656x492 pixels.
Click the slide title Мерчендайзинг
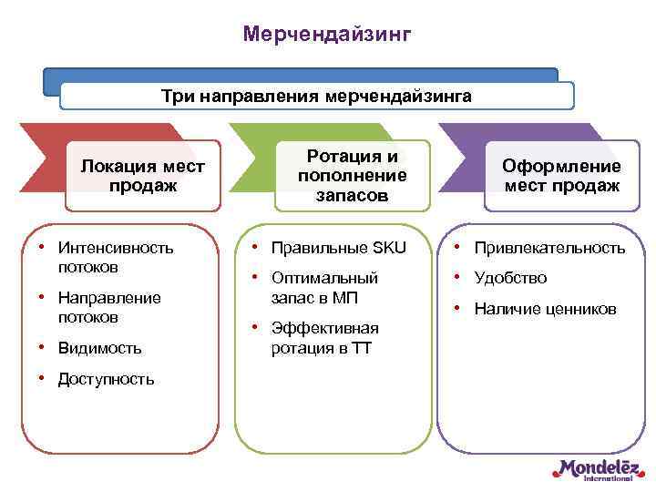pos(327,34)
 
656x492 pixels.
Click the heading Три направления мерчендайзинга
pos(316,96)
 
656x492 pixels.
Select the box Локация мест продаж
pos(143,176)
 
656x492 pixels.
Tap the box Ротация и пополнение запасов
pos(353,176)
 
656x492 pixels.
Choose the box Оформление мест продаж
pos(562,176)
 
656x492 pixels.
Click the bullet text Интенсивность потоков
pos(115,257)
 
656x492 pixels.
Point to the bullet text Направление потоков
pos(108,307)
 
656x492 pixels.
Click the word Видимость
pos(99,348)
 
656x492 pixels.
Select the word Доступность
pos(106,379)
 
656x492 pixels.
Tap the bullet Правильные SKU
pos(338,248)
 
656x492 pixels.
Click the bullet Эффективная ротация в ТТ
pos(324,337)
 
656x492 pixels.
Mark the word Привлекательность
pos(549,248)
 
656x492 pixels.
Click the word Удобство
pos(510,278)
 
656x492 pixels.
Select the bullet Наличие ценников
pos(545,309)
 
